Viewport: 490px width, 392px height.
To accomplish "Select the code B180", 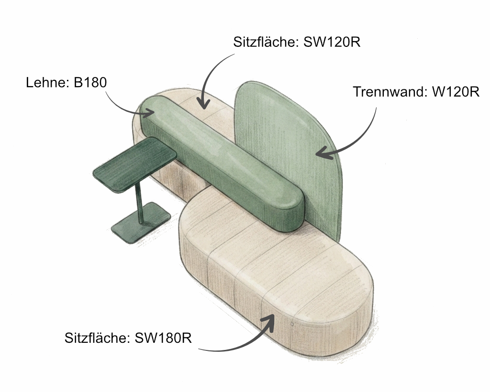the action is (90, 83).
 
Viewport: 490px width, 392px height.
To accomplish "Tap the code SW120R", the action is (332, 42).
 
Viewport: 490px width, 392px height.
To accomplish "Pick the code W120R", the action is (456, 92).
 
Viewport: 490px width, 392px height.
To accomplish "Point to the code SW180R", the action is (163, 338).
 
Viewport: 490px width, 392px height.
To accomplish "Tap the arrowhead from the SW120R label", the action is (203, 103).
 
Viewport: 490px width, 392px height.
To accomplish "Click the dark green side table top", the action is (135, 164).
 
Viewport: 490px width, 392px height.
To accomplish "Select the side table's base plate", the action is (141, 223).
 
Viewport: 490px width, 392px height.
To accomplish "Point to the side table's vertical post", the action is (139, 205).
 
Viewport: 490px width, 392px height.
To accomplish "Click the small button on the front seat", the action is (292, 324).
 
